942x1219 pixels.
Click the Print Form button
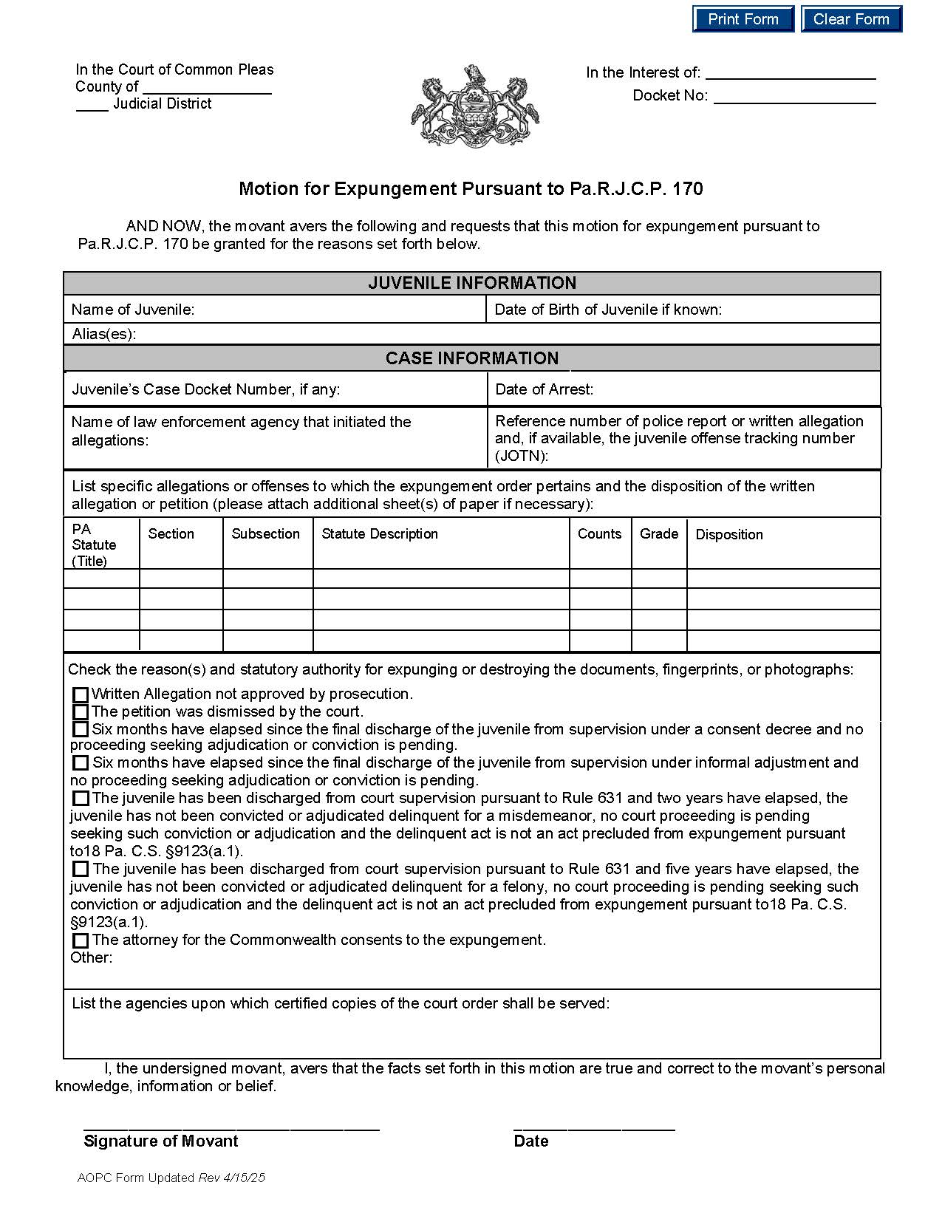coord(743,19)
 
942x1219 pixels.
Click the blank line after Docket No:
coord(794,97)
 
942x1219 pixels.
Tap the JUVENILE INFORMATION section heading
coord(472,283)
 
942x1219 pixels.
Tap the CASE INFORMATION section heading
coord(472,358)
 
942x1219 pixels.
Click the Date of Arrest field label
coord(545,389)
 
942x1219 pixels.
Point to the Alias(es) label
coord(104,335)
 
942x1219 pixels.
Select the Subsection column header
coord(266,534)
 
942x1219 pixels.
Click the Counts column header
coord(599,534)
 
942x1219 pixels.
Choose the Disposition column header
coord(729,535)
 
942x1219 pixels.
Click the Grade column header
coord(659,534)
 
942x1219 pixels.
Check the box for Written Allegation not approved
coord(81,695)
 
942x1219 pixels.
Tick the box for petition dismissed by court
coord(81,713)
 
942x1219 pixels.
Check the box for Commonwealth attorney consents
coord(81,941)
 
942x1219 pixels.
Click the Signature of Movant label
coord(161,1141)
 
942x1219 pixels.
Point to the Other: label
coord(92,958)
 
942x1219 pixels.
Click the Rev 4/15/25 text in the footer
coord(231,1178)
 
